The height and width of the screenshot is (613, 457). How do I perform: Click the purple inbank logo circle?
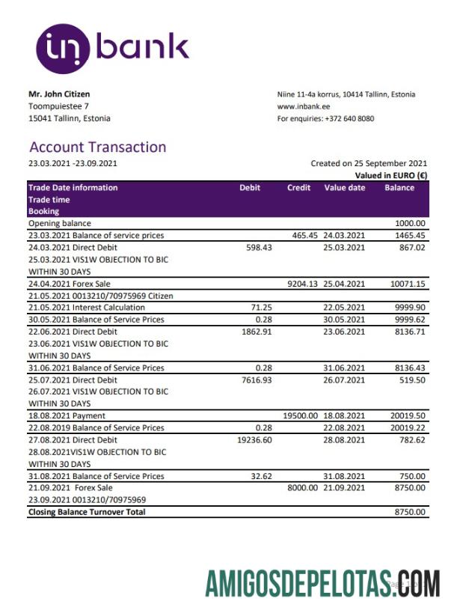click(63, 48)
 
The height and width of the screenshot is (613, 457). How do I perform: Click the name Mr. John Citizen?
click(59, 94)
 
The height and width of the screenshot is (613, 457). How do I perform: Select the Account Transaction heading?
click(97, 147)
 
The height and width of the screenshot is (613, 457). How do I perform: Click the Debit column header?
click(250, 188)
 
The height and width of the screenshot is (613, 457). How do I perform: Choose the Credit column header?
click(298, 188)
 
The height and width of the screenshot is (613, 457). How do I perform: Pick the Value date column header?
click(344, 188)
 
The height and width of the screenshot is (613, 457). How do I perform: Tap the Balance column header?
click(399, 188)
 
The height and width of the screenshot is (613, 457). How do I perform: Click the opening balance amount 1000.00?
click(410, 223)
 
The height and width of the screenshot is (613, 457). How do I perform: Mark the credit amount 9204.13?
click(303, 284)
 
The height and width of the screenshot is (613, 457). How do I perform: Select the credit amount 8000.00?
click(303, 488)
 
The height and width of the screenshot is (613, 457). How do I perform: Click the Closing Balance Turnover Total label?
click(87, 512)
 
